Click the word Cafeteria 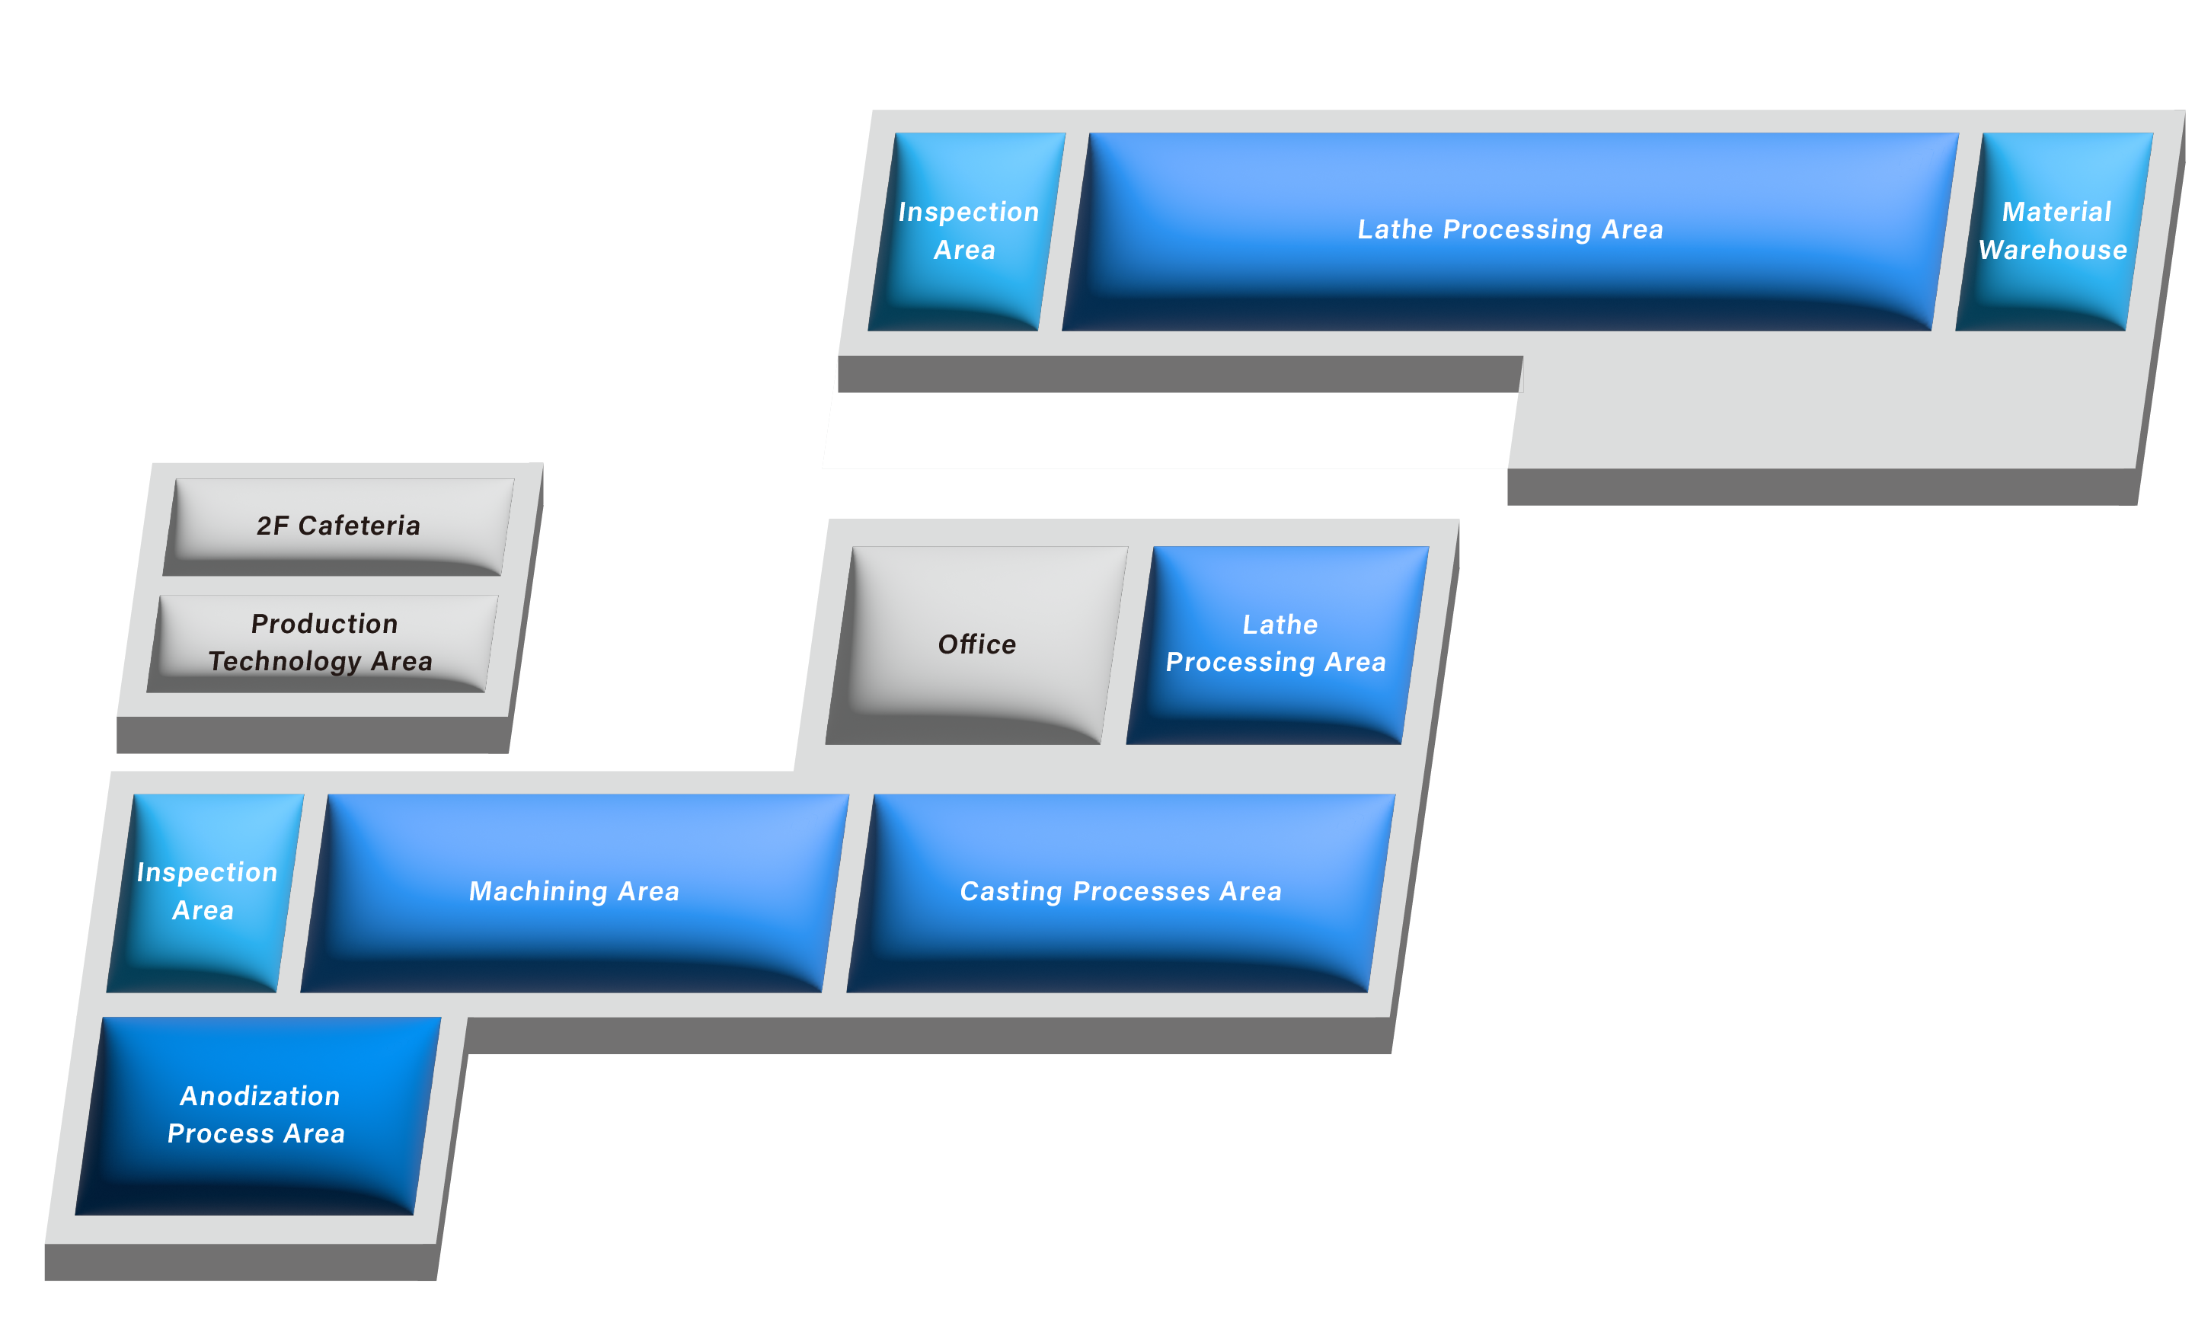pyautogui.click(x=359, y=526)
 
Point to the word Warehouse pyautogui.click(x=2052, y=250)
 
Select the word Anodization pyautogui.click(x=260, y=1096)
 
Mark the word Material pyautogui.click(x=2056, y=212)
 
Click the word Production pyautogui.click(x=324, y=624)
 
